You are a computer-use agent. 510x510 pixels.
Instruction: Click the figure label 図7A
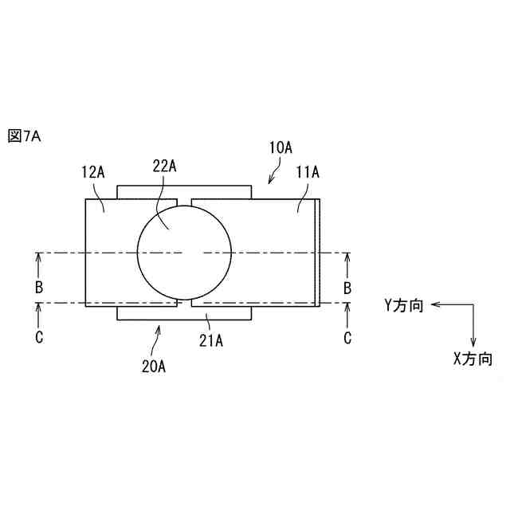(24, 136)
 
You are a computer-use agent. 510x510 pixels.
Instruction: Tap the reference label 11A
(307, 171)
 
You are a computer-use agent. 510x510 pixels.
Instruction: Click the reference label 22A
(163, 165)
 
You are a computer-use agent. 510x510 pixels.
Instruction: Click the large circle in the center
(184, 253)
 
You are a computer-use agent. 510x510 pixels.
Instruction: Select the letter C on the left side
(38, 337)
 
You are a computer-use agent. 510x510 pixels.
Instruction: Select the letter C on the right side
(347, 337)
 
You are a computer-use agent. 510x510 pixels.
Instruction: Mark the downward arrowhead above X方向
(473, 341)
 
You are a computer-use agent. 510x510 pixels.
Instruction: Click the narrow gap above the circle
(184, 198)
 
